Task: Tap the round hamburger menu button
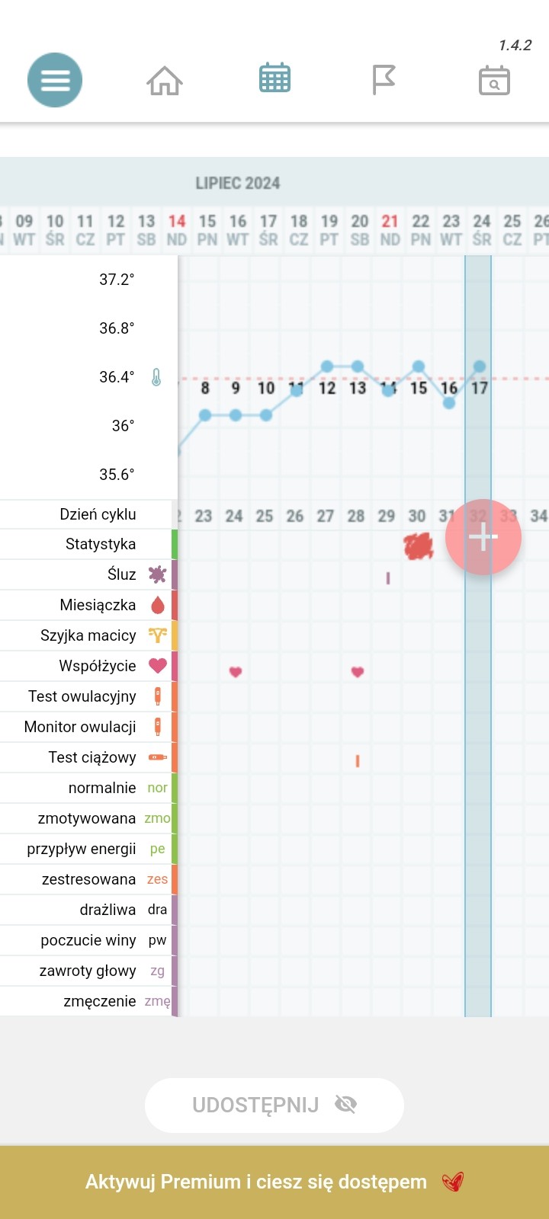[x=55, y=80]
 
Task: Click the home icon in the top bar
[x=165, y=80]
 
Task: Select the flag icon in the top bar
[x=384, y=80]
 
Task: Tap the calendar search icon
[x=494, y=80]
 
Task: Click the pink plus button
[x=483, y=537]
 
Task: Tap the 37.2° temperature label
[x=117, y=280]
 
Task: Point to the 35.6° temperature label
[x=117, y=475]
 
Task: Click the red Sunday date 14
[x=177, y=222]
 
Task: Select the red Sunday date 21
[x=390, y=222]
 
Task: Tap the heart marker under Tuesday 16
[x=236, y=672]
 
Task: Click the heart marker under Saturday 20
[x=358, y=672]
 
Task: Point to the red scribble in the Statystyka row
[x=418, y=546]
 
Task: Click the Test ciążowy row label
[x=92, y=757]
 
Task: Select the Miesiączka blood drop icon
[x=158, y=606]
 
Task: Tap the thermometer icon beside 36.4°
[x=156, y=377]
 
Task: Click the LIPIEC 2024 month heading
[x=238, y=184]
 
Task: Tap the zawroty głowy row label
[x=88, y=971]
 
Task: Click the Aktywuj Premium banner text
[x=256, y=1182]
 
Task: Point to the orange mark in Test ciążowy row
[x=358, y=760]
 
